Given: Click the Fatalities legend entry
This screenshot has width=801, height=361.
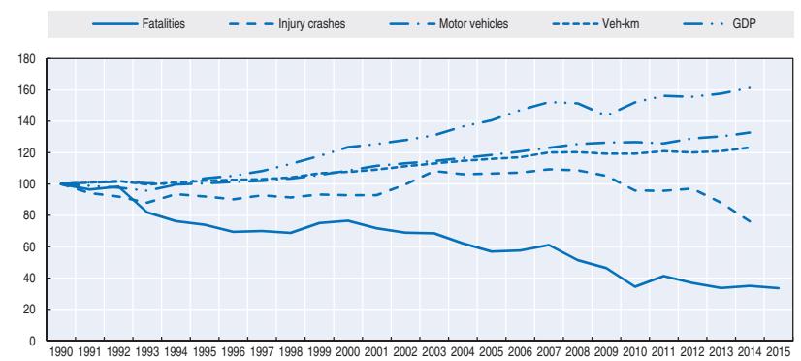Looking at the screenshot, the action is [x=139, y=24].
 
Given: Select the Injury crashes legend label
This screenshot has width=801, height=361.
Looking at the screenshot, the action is [x=287, y=24].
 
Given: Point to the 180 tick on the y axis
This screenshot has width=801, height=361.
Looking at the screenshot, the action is [x=28, y=59].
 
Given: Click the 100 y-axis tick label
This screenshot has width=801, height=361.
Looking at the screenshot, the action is [x=28, y=184].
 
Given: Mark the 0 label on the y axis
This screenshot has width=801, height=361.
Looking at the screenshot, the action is [x=32, y=341].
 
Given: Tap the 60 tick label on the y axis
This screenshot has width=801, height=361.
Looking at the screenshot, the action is [x=30, y=246].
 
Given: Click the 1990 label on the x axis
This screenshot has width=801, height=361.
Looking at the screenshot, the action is [x=61, y=353].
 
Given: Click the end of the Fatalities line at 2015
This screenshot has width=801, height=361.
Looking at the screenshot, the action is [x=779, y=288].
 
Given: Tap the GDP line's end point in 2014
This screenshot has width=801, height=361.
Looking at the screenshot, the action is [x=750, y=88].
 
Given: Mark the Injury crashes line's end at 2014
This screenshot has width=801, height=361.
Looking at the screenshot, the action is [x=750, y=222].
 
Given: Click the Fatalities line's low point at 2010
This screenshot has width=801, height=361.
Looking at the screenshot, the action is [x=635, y=287].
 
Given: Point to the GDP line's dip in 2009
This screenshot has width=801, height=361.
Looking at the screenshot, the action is [x=606, y=115].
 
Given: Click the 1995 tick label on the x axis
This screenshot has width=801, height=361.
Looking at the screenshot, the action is [x=205, y=353].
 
